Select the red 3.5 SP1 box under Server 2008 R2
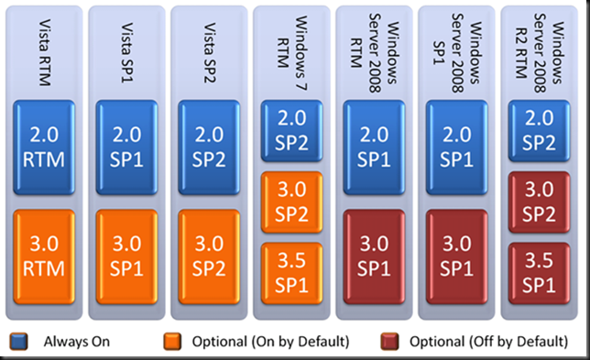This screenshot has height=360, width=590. coord(538,268)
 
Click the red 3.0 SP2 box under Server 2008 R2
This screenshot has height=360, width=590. coord(538,199)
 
